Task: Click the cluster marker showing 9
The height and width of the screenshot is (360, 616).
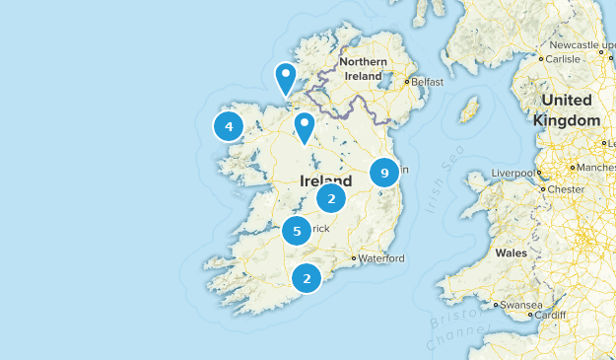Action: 384,174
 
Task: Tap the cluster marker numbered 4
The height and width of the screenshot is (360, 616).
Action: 229,126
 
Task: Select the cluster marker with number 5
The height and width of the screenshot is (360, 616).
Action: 297,232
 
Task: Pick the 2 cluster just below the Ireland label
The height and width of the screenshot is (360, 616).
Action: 331,199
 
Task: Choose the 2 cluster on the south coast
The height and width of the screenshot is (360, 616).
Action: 308,279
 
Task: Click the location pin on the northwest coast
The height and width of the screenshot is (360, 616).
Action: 286,77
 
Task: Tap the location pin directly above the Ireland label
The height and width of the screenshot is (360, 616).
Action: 305,126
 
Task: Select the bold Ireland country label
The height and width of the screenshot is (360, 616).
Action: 324,180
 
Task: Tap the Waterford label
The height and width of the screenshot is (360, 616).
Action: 381,258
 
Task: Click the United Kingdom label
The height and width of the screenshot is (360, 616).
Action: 567,110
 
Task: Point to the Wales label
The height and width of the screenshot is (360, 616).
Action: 511,252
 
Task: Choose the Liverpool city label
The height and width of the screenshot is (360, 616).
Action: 511,174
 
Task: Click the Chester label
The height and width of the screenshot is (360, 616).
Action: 566,188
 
